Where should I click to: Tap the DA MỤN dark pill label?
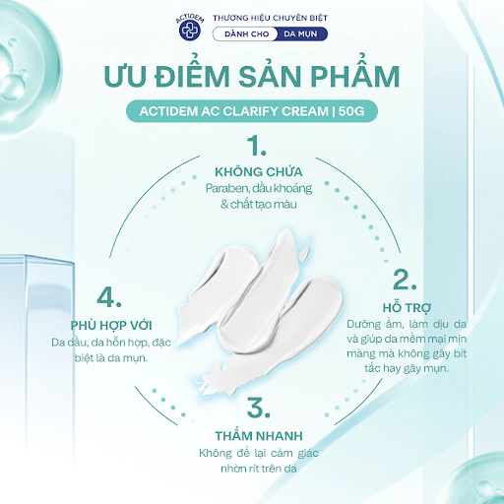299,34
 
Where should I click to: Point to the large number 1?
257,147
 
